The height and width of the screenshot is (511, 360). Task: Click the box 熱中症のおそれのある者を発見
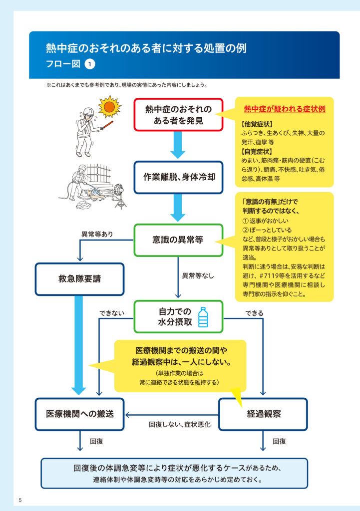point(178,115)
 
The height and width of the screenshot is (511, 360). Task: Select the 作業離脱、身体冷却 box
point(178,177)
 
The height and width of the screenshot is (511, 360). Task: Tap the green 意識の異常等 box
point(178,240)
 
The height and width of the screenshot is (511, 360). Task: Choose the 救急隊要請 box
point(79,279)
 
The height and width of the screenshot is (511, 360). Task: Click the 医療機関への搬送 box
point(79,414)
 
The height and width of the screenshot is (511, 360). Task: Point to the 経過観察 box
point(263,414)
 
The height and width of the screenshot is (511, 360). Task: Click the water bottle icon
point(203,317)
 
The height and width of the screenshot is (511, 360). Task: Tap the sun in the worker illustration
point(109,107)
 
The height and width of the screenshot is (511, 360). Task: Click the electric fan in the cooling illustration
point(119,196)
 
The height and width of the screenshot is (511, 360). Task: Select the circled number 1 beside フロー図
point(90,64)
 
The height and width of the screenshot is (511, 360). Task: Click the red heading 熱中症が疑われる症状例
point(285,109)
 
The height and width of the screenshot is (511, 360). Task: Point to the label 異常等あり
point(97,235)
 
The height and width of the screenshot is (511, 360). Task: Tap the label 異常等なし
point(198,275)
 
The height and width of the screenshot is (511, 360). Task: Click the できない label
point(112,313)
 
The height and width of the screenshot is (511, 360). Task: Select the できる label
point(254,313)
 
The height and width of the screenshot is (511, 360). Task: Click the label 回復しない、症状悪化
point(180,424)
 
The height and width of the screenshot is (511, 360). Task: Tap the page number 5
point(20,500)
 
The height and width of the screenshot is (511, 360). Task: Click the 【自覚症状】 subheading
point(257,151)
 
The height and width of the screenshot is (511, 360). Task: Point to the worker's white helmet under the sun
point(89,111)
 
